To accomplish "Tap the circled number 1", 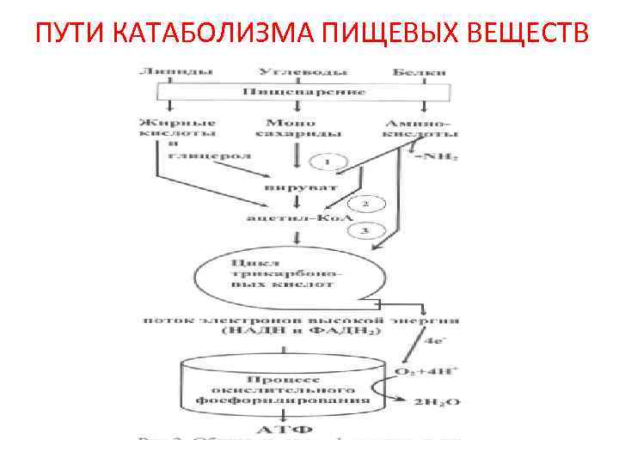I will tap(328, 162).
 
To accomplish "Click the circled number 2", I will tap(365, 205).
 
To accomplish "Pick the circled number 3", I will tap(365, 229).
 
